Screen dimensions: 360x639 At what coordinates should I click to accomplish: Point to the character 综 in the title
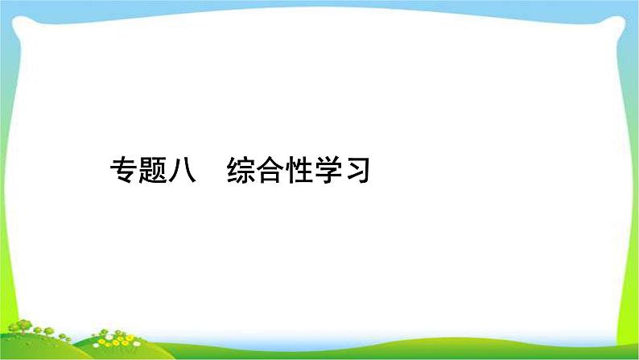click(x=241, y=170)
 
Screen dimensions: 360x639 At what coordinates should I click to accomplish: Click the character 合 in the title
click(x=270, y=170)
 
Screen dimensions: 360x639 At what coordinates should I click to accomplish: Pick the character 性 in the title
click(x=299, y=170)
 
